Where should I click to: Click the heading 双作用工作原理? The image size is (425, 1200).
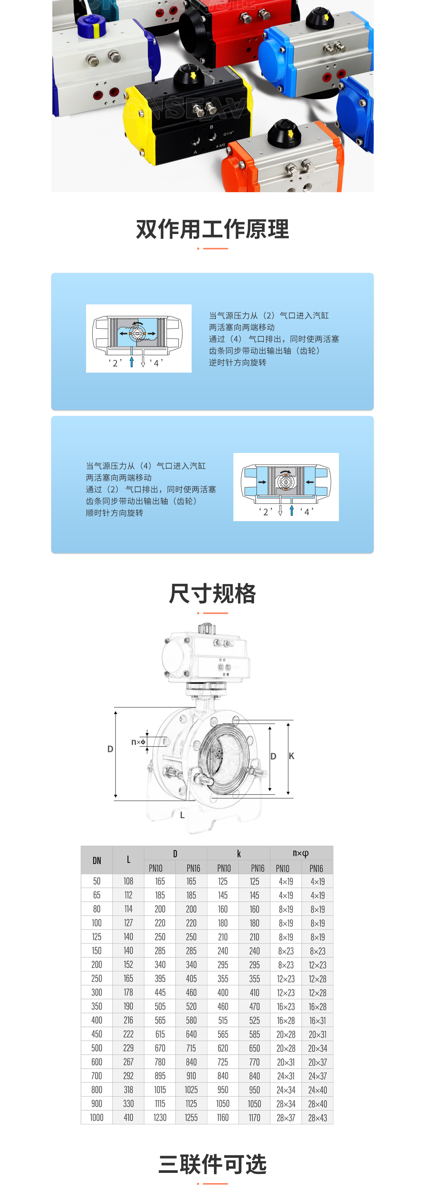[x=212, y=229]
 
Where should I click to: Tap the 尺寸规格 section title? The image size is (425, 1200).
[x=212, y=594]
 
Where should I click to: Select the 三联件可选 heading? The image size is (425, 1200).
[x=212, y=1164]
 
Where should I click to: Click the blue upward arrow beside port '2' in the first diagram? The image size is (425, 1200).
[x=132, y=362]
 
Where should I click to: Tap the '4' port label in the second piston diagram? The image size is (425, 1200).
[x=307, y=512]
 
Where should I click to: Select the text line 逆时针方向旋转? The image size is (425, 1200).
[x=237, y=362]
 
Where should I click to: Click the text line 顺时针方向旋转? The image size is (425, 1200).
[x=115, y=513]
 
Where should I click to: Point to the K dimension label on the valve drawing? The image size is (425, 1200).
[x=291, y=756]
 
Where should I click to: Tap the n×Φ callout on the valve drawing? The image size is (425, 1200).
[x=138, y=742]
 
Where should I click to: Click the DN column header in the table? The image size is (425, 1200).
[x=97, y=860]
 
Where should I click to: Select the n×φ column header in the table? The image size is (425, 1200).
[x=301, y=853]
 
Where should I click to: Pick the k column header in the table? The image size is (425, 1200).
[x=239, y=853]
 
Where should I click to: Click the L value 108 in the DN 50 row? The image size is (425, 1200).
[x=129, y=881]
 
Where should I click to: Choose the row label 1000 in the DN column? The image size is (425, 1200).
[x=97, y=1117]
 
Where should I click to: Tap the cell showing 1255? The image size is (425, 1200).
[x=191, y=1117]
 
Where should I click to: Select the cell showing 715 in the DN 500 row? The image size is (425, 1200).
[x=191, y=1048]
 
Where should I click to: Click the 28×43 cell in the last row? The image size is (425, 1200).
[x=318, y=1117]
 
